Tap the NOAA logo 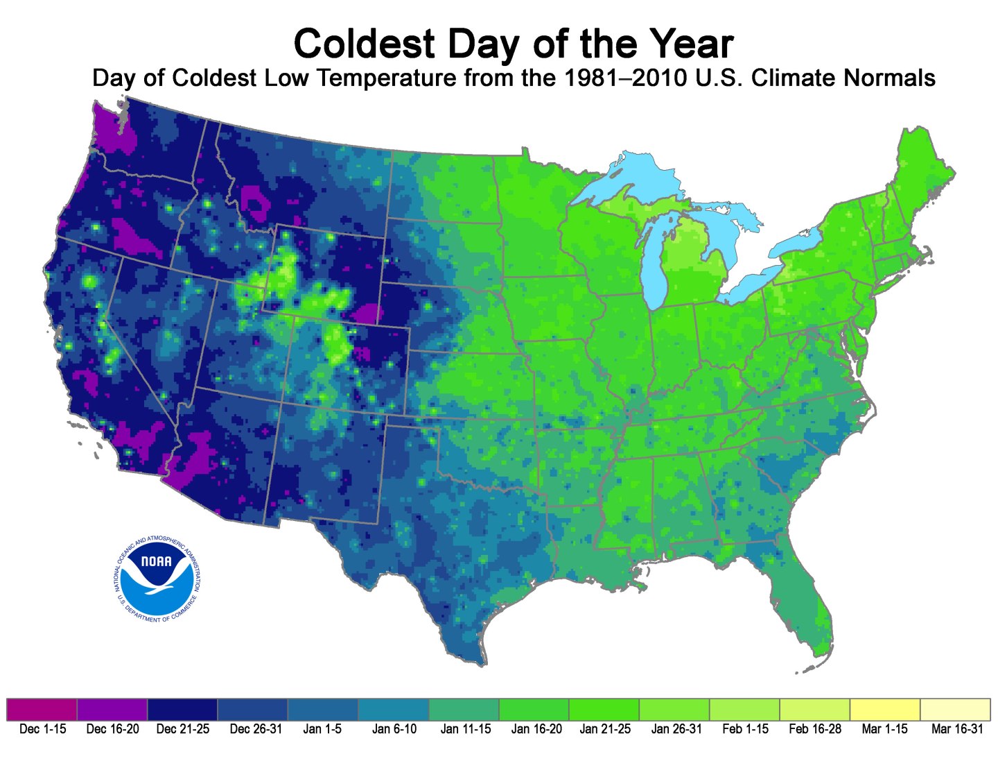[x=157, y=578]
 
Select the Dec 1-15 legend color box [x=42, y=710]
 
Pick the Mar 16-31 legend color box [x=955, y=710]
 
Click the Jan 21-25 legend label [x=605, y=729]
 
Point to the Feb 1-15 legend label [x=745, y=729]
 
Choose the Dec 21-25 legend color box [x=182, y=710]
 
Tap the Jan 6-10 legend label [x=394, y=729]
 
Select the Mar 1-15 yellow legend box [x=885, y=710]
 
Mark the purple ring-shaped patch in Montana [x=257, y=203]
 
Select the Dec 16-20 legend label [x=112, y=729]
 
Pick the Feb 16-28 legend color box [x=814, y=710]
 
